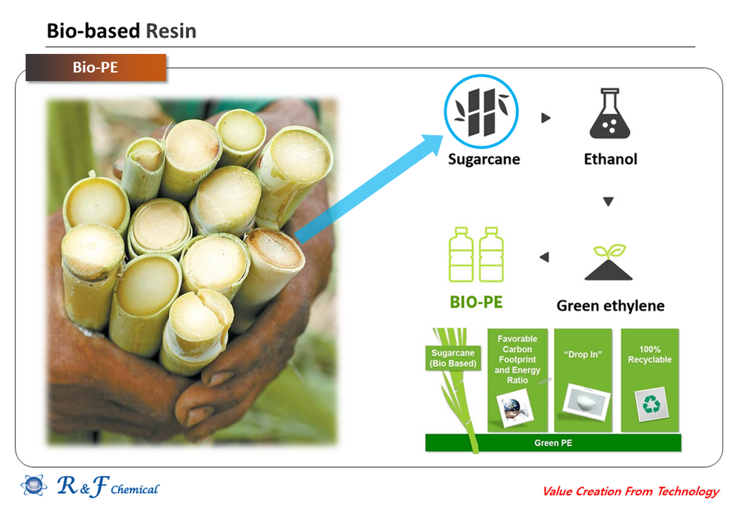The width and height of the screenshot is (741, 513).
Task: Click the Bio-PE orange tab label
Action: [x=95, y=67]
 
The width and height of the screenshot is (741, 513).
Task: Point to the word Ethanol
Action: [x=610, y=159]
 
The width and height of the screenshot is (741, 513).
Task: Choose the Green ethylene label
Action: [x=610, y=305]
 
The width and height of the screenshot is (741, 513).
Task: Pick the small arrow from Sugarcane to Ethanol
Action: [x=546, y=117]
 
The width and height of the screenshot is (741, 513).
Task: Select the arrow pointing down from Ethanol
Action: [x=608, y=201]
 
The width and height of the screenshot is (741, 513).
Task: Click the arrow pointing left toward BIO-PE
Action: [x=544, y=257]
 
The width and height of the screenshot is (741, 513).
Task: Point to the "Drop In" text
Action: [x=583, y=354]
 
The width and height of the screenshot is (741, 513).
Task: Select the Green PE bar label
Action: [x=553, y=443]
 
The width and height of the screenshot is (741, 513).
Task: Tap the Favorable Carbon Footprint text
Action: [x=517, y=360]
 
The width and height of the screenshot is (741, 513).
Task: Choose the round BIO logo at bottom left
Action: [x=33, y=486]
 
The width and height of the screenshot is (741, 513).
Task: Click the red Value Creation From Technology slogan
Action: [x=631, y=491]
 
